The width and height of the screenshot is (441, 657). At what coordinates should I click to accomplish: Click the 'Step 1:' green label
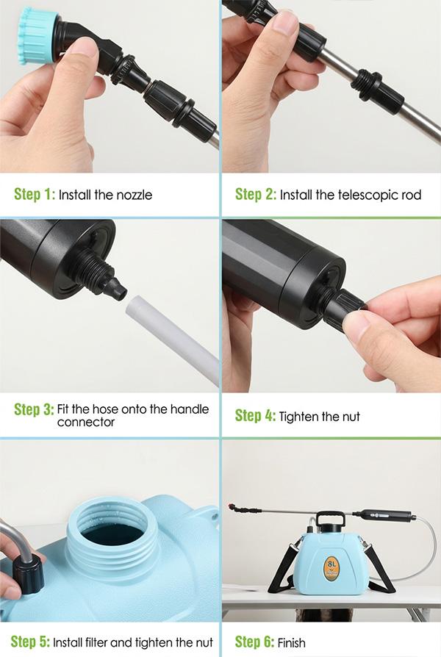point(35,195)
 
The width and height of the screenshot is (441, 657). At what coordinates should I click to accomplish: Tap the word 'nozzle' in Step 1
point(135,195)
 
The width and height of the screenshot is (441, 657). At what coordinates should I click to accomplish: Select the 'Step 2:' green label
point(255,195)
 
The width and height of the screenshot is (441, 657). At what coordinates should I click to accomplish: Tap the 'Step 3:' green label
point(34,409)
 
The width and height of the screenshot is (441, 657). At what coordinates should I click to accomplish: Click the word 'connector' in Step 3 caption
point(86,423)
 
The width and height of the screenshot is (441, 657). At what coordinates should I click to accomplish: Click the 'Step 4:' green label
point(255,416)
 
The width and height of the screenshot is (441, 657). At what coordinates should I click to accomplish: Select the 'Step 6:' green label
point(254,642)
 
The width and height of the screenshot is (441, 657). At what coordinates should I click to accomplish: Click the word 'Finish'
point(291,643)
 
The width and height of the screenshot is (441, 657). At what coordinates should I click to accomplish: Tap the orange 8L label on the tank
point(331,568)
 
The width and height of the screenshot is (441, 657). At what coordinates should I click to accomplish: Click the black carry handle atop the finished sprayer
point(330,520)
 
